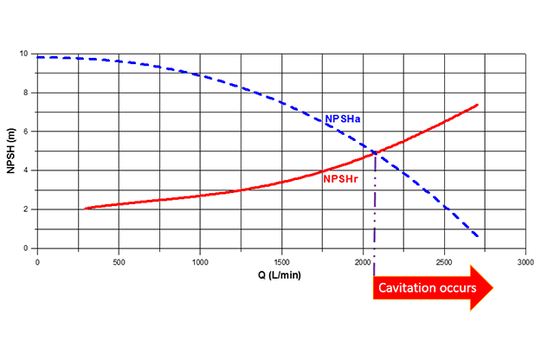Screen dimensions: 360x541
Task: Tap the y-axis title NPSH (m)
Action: tap(11, 150)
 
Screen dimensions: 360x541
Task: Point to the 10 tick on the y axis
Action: tap(26, 54)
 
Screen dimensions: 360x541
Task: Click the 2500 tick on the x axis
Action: tap(443, 260)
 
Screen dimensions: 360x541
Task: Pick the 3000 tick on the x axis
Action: tap(525, 260)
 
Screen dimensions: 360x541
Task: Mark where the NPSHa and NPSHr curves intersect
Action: tap(376, 154)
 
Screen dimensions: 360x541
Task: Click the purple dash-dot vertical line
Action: tap(375, 208)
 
